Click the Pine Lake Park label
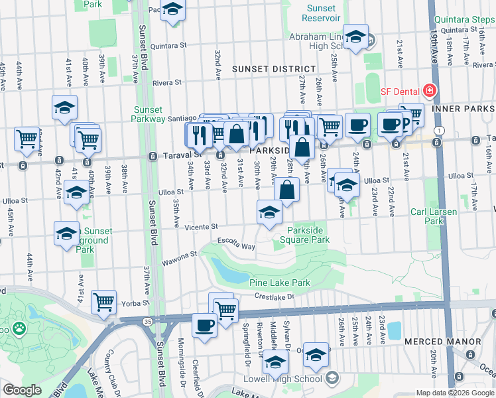tap(280, 283)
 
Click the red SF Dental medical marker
tap(430, 90)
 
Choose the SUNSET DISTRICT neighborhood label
tap(273, 69)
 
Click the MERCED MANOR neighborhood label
tap(442, 342)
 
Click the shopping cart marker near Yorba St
tap(104, 302)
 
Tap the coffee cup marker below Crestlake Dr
tap(204, 325)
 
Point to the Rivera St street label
tap(167, 83)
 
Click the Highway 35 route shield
tap(147, 320)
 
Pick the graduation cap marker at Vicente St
tap(269, 213)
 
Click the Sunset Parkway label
tap(149, 114)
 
